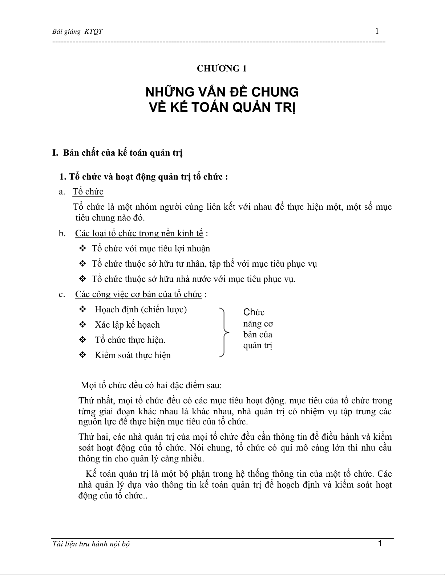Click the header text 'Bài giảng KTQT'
point(77,32)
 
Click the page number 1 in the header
point(377,31)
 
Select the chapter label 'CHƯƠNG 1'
point(222,69)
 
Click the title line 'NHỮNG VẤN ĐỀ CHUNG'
point(222,92)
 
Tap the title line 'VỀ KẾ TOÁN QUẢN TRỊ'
point(222,108)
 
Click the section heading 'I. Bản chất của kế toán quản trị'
point(117,153)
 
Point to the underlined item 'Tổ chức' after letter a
point(88,192)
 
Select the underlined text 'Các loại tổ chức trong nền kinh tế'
point(139,233)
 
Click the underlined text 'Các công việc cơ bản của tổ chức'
point(138,294)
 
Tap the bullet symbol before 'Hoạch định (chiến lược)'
point(82,309)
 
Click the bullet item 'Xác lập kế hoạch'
point(127,325)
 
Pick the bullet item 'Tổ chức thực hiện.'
point(130,340)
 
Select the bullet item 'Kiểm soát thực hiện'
point(133,355)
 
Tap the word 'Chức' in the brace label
point(254,312)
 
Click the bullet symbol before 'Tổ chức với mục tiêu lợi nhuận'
point(82,249)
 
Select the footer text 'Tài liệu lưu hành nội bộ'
point(91,544)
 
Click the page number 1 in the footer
point(380,543)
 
